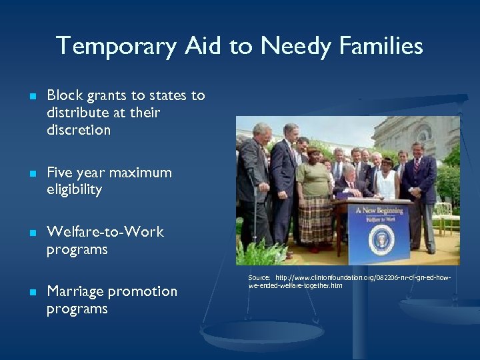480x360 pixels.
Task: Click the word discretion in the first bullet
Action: click(x=79, y=130)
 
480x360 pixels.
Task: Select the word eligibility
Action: click(x=74, y=190)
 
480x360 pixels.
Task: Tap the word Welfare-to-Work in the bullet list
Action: click(x=105, y=232)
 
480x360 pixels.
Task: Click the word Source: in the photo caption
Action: click(x=259, y=277)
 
